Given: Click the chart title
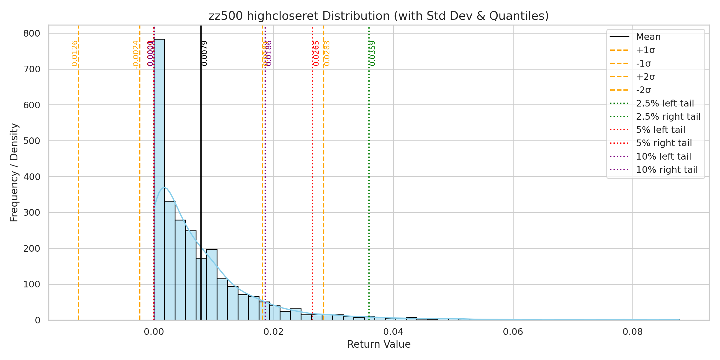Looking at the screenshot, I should coord(379,16).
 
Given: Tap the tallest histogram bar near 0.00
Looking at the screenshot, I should coord(159,180).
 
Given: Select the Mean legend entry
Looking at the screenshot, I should coord(648,37).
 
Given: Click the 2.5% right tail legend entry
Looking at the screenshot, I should coord(668,116).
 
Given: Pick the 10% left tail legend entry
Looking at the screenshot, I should coord(663,156).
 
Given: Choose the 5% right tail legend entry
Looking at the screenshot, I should coord(664,143).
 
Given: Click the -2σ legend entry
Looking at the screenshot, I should coord(643,90).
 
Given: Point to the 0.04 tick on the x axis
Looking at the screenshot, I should coord(393,331).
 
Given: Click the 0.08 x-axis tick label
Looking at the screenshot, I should coord(633,331).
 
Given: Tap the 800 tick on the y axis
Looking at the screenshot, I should coord(31,33).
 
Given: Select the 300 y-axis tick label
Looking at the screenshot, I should coord(31,213).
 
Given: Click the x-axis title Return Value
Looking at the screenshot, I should coord(379,344).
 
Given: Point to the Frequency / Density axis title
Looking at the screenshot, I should coord(14,172).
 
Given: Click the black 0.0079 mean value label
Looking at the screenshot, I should coord(205,53).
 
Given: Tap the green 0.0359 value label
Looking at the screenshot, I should coord(372,53).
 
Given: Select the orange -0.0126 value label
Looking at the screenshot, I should coord(75,54).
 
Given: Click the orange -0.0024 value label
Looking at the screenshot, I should coord(136,54).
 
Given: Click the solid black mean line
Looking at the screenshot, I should coord(201,150).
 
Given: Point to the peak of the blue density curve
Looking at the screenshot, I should coord(164,188).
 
